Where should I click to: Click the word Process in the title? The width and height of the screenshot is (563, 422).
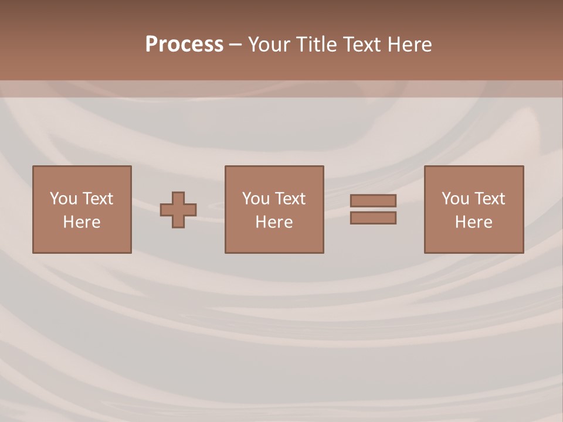[184, 45]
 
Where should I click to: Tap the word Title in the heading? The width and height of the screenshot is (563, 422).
[317, 45]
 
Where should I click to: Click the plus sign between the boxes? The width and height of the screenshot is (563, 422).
[178, 210]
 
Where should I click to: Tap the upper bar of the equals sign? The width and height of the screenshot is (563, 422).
[373, 200]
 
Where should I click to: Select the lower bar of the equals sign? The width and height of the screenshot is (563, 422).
[373, 218]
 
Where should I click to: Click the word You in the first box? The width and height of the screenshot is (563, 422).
[63, 199]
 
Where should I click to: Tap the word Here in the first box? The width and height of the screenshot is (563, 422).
[82, 222]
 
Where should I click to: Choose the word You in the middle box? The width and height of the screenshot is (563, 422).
[255, 199]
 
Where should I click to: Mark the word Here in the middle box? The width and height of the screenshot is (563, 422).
[274, 222]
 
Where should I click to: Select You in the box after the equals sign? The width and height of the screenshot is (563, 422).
[455, 199]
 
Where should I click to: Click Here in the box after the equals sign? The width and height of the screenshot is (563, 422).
[473, 222]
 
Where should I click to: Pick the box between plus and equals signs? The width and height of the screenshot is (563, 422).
[274, 240]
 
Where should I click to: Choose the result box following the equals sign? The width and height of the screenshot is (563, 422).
[473, 240]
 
